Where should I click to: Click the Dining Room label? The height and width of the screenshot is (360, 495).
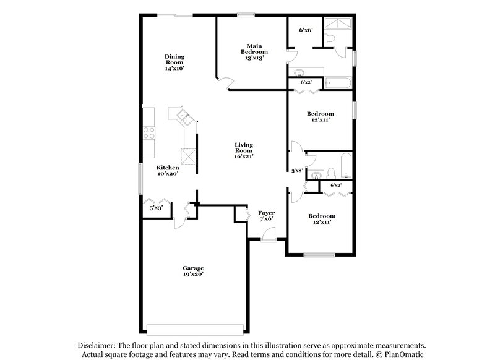(x=174, y=62)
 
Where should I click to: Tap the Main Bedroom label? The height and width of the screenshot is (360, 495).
(x=254, y=52)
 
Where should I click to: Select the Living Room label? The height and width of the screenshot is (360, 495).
(x=244, y=151)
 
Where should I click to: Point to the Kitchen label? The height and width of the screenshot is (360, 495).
(x=168, y=171)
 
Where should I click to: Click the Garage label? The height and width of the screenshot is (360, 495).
(x=192, y=270)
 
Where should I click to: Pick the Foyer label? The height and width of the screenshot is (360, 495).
(x=267, y=216)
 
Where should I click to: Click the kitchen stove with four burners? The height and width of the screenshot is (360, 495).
(x=148, y=132)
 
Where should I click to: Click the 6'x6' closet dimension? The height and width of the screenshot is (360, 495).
(x=306, y=29)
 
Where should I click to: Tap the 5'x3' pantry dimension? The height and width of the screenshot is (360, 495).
(x=155, y=208)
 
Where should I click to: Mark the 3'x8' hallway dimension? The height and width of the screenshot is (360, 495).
(x=297, y=171)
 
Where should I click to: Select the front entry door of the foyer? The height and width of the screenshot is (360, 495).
(x=268, y=234)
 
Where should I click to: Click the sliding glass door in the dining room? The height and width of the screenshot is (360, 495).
(x=174, y=15)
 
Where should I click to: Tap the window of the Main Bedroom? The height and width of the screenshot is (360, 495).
(x=246, y=15)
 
